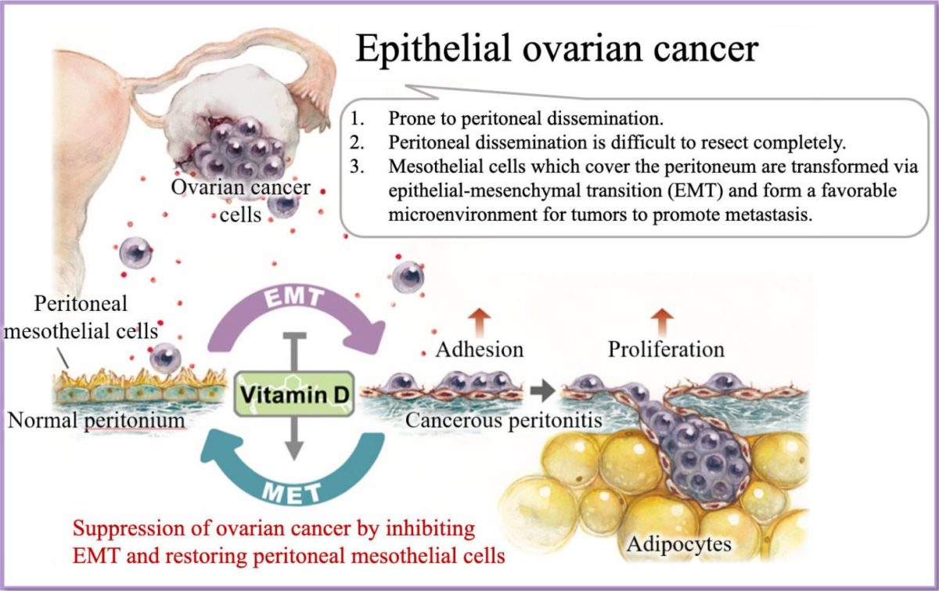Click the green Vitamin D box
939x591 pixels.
[294, 394]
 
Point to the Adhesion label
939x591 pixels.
[480, 349]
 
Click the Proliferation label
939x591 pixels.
[666, 349]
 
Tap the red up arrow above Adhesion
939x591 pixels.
[480, 323]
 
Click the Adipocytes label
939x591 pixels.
[678, 544]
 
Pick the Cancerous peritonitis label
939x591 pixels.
[503, 420]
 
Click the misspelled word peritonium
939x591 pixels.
[135, 420]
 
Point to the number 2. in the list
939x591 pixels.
[357, 142]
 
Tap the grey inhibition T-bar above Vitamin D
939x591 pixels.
[295, 351]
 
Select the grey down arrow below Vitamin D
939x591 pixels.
[294, 438]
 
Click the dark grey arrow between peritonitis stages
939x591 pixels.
[542, 391]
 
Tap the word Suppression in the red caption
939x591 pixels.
[129, 529]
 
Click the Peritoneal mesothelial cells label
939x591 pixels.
[81, 317]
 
